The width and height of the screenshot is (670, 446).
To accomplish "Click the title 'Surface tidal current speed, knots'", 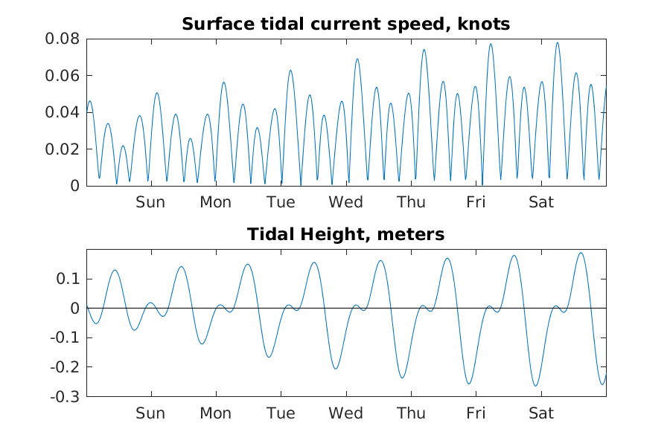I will pos(345,25).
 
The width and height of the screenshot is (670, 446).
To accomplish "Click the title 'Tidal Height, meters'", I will pos(345,235).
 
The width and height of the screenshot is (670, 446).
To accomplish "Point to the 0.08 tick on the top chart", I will pos(64,39).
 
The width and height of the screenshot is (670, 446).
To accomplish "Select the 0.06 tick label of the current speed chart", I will pos(64,76).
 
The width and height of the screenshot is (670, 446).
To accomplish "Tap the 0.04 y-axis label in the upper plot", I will pos(64,112).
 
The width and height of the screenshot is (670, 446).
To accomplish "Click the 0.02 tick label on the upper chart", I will pos(64,149).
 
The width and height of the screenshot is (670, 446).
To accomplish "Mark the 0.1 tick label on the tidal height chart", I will pos(69,279).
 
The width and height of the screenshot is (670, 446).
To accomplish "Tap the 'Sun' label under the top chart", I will pos(150,202).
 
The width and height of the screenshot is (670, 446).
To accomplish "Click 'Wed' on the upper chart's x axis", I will pos(345,202).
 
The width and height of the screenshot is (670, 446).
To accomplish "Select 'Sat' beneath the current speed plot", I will pos(541,202).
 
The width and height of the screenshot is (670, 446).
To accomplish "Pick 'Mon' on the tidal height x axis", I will pos(215,413).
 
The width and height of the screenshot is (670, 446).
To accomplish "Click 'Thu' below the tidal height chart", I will pos(411,413).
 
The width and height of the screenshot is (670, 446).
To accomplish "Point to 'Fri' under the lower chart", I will pos(476,413).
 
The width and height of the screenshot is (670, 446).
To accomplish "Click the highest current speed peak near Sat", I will pos(557,43).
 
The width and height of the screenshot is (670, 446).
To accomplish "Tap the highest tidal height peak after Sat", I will pos(581,253).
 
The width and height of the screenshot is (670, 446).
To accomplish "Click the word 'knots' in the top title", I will pos(486,25).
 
